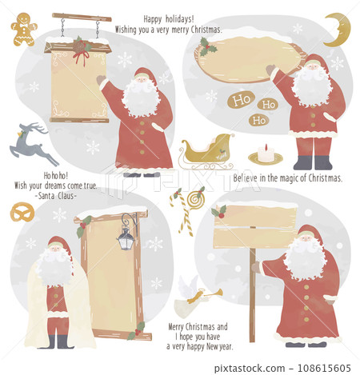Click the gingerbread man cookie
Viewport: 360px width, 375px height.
(23, 29)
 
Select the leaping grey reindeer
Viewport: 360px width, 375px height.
(34, 143)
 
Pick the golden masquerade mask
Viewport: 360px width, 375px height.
(23, 213)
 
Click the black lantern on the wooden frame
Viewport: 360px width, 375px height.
(125, 237)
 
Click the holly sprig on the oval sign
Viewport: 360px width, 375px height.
(210, 46)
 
